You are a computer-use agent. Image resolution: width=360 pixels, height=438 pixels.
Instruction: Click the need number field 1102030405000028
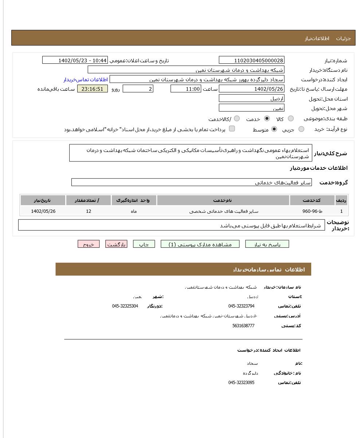251,60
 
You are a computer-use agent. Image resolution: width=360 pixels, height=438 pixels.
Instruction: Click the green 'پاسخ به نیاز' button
267,245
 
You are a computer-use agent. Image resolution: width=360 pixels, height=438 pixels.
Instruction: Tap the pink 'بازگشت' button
116,245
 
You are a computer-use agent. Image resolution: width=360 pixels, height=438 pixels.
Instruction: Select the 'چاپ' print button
144,245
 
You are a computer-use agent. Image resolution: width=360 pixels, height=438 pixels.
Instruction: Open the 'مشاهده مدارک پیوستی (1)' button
200,245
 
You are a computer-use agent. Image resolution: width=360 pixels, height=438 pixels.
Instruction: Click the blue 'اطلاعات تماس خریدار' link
86,79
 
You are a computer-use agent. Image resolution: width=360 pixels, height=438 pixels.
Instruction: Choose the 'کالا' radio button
291,118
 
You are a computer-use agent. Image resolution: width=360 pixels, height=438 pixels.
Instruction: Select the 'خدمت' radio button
267,118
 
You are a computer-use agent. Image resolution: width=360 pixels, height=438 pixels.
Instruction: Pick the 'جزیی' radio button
301,129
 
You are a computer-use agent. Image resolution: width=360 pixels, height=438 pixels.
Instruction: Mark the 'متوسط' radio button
274,129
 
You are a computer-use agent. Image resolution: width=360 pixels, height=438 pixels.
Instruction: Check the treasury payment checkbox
232,129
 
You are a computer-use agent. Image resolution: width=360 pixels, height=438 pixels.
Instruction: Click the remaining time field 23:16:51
93,89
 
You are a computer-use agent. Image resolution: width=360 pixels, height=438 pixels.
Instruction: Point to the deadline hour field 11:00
185,89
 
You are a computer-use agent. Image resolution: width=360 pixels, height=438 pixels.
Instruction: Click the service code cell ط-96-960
312,211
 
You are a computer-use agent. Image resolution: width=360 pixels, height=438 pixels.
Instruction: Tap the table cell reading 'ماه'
134,211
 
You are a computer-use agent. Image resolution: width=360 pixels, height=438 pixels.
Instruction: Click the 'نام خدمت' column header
223,200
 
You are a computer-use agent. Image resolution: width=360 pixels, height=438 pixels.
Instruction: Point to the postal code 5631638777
243,326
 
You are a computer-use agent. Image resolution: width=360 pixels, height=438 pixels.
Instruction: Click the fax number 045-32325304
125,306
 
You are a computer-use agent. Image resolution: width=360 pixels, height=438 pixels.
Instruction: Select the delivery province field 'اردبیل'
251,98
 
